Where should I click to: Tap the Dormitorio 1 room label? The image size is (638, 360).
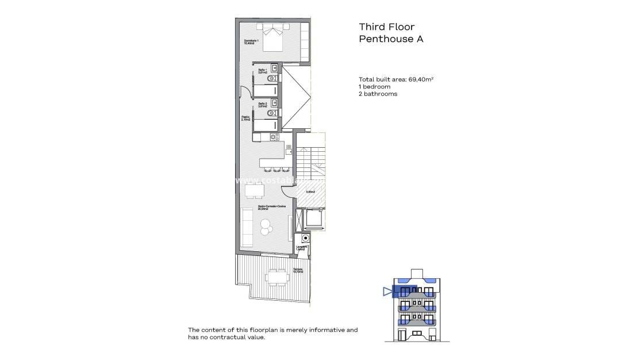(251, 41)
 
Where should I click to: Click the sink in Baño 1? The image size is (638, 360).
(274, 68)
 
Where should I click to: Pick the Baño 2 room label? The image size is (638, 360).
(247, 105)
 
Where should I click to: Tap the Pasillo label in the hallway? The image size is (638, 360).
(245, 118)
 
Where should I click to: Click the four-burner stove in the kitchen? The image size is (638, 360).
(274, 137)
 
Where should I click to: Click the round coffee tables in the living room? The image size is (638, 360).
(266, 227)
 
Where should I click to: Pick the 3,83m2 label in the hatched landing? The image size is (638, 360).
(310, 192)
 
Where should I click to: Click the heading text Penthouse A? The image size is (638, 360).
(390, 39)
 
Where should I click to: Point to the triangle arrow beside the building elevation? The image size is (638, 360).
(386, 292)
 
